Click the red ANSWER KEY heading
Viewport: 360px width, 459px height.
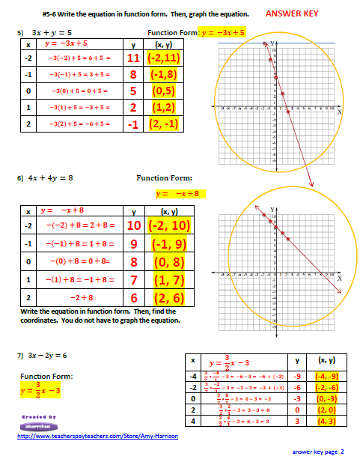pyautogui.click(x=298, y=13)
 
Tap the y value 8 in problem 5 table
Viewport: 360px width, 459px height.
pyautogui.click(x=133, y=75)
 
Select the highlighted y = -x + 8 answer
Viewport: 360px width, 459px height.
pyautogui.click(x=180, y=193)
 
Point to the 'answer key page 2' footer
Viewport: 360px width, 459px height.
pyautogui.click(x=317, y=452)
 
